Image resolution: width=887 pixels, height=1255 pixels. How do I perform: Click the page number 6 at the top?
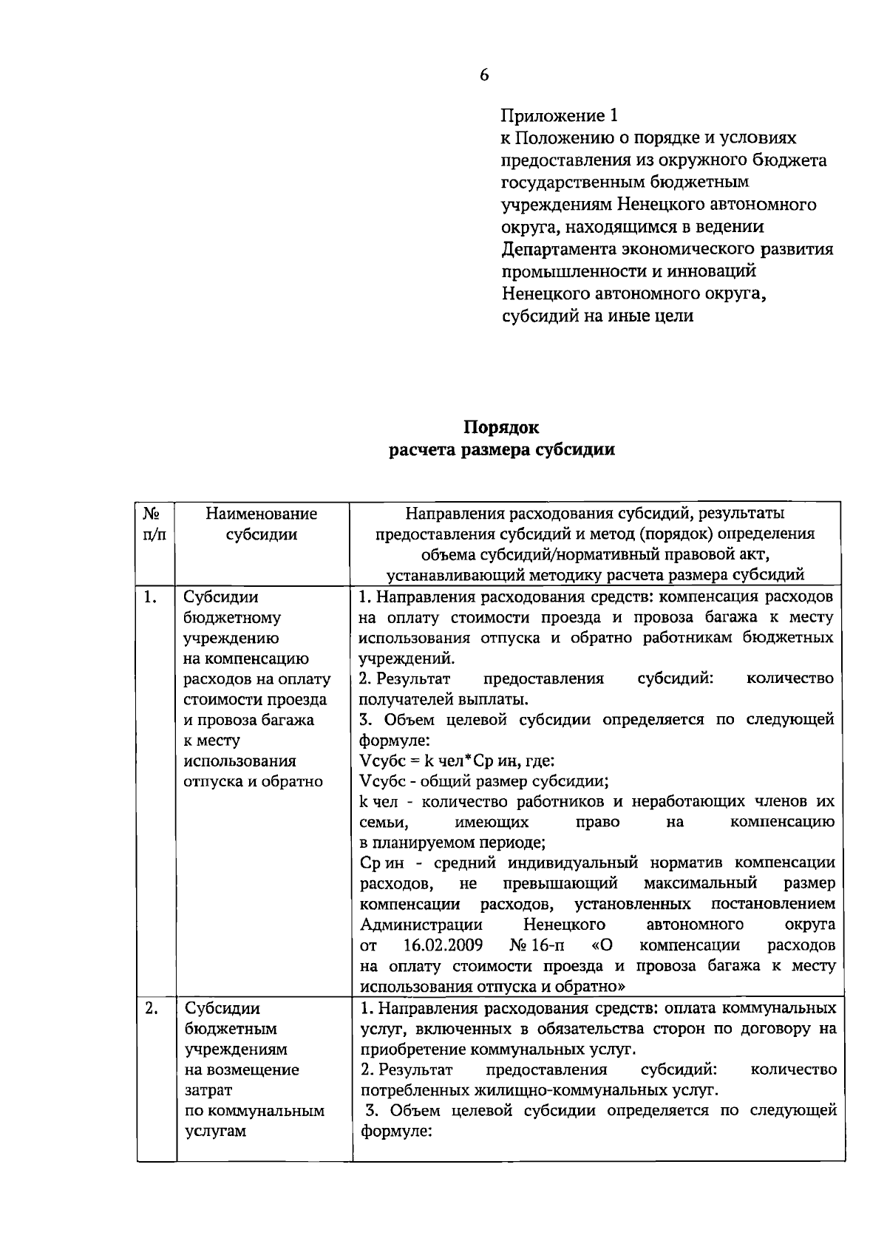484,75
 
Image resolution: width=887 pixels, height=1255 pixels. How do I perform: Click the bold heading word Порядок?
502,427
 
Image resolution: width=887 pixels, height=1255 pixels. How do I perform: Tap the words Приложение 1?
559,115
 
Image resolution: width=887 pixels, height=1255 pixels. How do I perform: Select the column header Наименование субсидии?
262,523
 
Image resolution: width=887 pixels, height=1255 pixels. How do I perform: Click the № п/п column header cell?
154,523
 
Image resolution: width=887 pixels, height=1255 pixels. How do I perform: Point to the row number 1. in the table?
150,597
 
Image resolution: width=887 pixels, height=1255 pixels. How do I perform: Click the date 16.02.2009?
443,945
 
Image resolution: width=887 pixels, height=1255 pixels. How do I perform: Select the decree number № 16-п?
536,945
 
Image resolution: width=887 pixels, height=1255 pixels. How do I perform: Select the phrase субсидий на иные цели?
597,316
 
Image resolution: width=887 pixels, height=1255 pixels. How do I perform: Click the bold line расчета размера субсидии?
502,450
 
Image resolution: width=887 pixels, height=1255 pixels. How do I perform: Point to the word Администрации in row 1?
421,925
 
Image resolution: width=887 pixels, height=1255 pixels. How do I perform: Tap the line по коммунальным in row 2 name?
254,1111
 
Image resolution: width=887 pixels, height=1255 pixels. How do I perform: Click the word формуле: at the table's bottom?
395,1132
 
